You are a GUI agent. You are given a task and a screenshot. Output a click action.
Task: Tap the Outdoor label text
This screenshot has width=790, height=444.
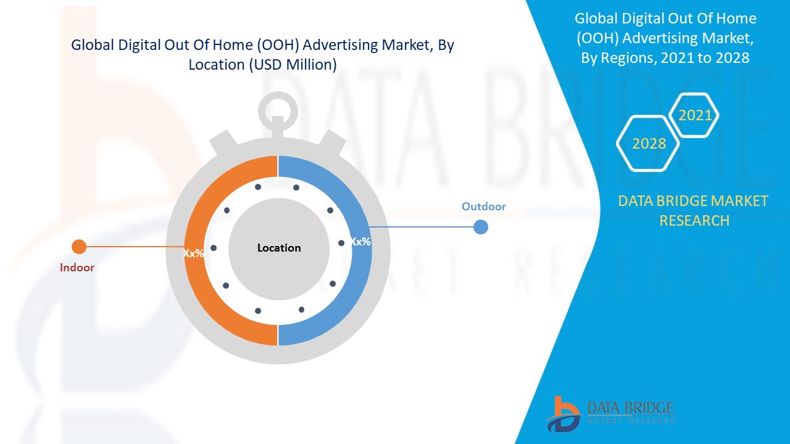484,207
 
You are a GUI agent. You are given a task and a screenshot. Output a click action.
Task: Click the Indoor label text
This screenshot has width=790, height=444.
77,268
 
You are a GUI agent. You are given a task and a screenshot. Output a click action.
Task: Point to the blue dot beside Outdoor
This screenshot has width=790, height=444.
481,227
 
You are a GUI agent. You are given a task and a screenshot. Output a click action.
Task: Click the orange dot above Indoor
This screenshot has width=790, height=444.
79,247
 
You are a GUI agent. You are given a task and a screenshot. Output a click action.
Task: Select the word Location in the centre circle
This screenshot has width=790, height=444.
279,248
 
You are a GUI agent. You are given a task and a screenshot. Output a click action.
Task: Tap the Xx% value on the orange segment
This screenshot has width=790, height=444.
193,253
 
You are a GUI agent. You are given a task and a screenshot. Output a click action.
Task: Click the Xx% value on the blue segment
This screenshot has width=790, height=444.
360,242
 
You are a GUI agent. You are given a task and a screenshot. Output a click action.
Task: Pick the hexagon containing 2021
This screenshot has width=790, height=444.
695,115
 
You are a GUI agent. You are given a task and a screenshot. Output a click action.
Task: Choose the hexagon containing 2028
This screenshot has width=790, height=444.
649,144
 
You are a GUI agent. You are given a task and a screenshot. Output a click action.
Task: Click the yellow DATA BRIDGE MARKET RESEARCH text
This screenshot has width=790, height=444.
694,210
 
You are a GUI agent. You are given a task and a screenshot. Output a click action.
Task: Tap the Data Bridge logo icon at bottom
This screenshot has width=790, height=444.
563,414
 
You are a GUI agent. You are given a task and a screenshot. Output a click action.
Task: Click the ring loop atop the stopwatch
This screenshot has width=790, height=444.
278,111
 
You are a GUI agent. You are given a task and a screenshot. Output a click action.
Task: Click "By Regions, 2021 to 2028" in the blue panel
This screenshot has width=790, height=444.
665,58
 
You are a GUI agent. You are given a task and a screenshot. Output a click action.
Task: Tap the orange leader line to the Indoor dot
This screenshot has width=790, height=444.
133,247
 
